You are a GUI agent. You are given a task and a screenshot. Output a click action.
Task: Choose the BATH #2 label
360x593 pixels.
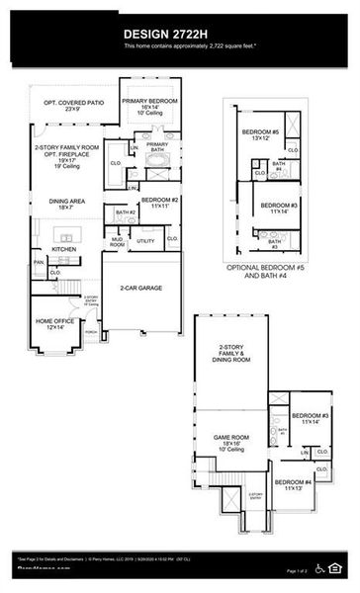point(125,212)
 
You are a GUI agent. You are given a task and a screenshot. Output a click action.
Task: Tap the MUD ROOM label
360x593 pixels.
point(118,240)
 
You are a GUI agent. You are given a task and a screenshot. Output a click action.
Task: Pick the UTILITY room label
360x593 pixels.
point(145,240)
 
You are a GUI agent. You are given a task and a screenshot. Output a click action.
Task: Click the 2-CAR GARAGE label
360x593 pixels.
point(141,289)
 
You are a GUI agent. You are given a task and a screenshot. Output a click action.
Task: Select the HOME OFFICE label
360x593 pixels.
point(54,323)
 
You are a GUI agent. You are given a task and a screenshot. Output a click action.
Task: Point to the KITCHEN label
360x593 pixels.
point(64,249)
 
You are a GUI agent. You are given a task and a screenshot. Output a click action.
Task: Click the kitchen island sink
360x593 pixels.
point(66,235)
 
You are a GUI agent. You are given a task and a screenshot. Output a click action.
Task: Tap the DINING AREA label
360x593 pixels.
point(63,204)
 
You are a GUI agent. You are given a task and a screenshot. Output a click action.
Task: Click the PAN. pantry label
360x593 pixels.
point(39,262)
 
